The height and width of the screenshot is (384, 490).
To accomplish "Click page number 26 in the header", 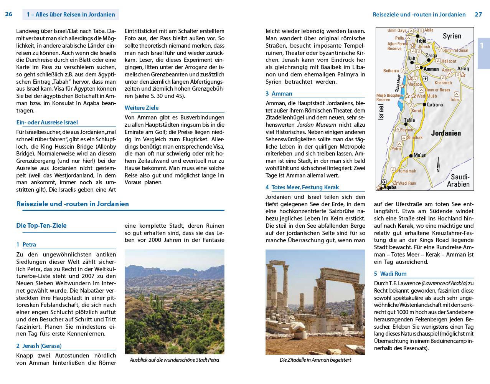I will click(8, 14).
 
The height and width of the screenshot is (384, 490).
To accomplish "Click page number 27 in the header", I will click(478, 14).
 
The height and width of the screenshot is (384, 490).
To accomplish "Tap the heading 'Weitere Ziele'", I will click(142, 108).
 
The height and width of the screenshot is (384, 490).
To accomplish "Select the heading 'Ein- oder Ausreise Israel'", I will click(47, 122).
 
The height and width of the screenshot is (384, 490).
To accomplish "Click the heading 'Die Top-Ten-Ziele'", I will click(41, 225).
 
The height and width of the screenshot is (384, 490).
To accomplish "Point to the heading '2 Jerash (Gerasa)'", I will click(39, 346).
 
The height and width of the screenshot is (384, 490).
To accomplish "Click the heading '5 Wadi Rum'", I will click(390, 274).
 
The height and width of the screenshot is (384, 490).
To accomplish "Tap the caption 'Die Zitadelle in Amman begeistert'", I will click(315, 360).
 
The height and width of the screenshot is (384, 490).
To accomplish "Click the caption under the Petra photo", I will click(174, 360).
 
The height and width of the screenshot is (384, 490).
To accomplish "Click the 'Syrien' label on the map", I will click(452, 36).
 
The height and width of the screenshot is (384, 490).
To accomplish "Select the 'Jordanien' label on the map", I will click(446, 133).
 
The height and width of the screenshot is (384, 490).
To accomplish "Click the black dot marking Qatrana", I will click(424, 104).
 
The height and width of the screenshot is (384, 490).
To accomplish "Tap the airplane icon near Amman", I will click(425, 79).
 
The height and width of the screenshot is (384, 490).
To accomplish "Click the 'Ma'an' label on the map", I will click(420, 155).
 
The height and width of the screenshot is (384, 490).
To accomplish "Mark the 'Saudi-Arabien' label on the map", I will click(459, 180).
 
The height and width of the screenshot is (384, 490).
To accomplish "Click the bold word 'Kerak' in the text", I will click(406, 226).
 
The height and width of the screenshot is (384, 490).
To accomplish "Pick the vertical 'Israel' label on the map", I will click(381, 112).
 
